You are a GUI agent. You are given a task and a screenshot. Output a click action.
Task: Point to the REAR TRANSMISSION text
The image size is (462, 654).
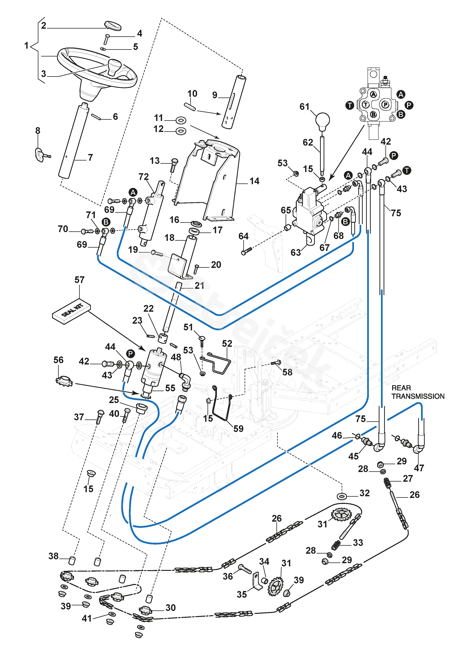pyautogui.click(x=418, y=392)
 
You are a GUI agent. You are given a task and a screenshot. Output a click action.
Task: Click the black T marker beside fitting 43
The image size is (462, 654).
pyautogui.click(x=407, y=170)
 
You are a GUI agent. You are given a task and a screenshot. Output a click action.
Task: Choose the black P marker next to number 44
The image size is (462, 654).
pyautogui.click(x=130, y=354)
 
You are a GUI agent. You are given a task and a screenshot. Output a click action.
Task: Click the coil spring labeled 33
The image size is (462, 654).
pyautogui.click(x=336, y=545)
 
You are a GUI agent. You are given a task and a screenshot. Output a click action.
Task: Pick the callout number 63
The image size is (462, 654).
pyautogui.click(x=295, y=252)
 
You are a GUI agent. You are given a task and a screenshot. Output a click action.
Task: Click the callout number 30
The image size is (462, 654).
pyautogui.click(x=170, y=608)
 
